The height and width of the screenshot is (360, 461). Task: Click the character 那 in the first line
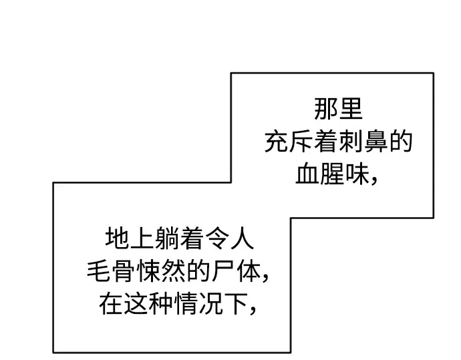(326, 110)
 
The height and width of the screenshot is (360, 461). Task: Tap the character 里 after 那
(351, 110)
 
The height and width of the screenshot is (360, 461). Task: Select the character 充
(276, 142)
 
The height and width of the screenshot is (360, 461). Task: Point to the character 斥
(301, 142)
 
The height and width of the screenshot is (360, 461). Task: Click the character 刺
(351, 142)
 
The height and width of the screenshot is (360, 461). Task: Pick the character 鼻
(375, 142)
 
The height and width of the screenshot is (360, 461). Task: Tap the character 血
(307, 174)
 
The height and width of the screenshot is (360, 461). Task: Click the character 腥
(332, 174)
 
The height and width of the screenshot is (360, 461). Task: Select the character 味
(357, 174)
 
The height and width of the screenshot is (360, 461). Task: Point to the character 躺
(167, 238)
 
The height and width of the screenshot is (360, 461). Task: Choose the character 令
(216, 238)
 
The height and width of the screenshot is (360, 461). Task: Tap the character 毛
(98, 271)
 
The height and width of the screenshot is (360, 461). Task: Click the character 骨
(124, 271)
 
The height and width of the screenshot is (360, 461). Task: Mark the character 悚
(148, 271)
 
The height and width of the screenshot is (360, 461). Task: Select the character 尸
(223, 271)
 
